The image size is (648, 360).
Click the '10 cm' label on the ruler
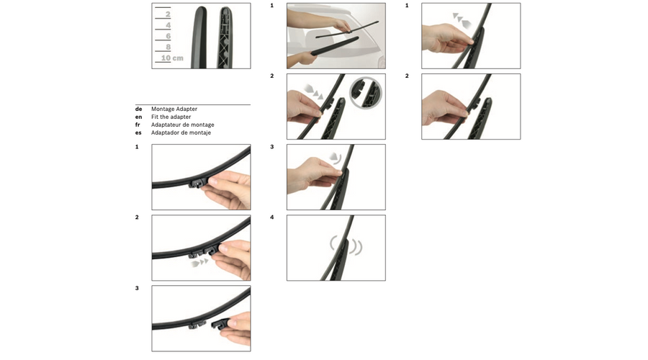point(172,58)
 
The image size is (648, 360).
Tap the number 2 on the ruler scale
point(168,14)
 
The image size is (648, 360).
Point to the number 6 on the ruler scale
point(168,37)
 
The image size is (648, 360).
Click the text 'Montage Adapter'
point(174,109)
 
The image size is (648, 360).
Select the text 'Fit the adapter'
point(171,117)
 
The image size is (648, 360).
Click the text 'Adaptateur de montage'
point(183,125)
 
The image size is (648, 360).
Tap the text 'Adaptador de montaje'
point(181,132)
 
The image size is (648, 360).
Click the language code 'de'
point(138,109)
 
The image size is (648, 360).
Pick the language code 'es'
point(138,132)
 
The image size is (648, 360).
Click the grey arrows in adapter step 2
point(199,263)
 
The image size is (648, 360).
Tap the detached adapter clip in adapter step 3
point(220,323)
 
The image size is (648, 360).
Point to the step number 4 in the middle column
point(272,217)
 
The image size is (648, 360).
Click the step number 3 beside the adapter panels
point(137,288)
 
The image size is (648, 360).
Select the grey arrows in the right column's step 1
point(462,20)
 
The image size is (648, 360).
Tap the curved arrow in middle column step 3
point(335,158)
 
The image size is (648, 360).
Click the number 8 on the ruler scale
point(168,47)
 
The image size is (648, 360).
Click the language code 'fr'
point(138,125)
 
